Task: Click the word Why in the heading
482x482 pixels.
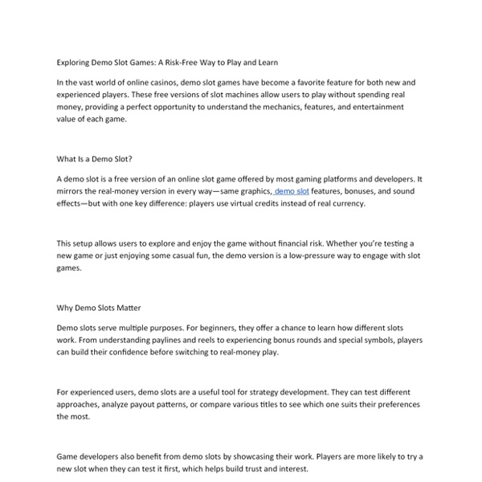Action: coord(66,307)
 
